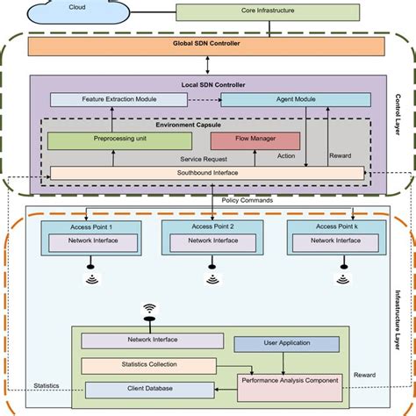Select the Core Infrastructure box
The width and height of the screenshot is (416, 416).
[x=268, y=12]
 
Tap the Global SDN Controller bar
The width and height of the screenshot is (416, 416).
[x=206, y=45]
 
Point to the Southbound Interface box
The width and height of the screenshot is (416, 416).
[x=206, y=173]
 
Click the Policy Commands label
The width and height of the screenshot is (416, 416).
[x=247, y=200]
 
